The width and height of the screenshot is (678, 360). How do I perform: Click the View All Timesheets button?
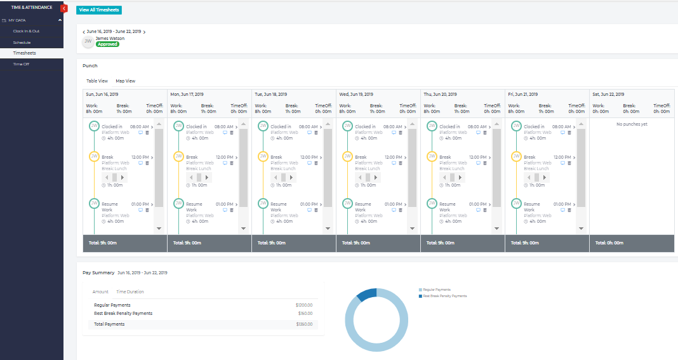click(x=98, y=10)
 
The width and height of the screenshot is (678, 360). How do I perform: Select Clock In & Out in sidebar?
click(x=26, y=31)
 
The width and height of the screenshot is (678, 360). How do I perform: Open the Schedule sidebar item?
click(x=22, y=42)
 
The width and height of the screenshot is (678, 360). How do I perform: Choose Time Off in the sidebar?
click(x=21, y=64)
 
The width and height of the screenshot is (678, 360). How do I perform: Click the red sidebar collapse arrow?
click(x=63, y=8)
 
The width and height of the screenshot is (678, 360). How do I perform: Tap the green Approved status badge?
click(x=107, y=44)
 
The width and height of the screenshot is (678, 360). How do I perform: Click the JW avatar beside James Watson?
click(x=88, y=41)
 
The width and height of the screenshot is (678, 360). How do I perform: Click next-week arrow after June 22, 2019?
click(x=144, y=31)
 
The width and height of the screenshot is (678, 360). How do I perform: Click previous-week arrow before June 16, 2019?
click(x=84, y=31)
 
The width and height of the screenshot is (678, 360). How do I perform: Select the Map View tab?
click(x=125, y=81)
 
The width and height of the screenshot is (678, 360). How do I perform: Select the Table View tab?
click(x=97, y=81)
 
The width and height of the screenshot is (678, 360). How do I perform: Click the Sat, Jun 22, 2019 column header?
click(x=609, y=94)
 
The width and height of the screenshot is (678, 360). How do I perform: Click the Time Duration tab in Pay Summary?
click(x=130, y=292)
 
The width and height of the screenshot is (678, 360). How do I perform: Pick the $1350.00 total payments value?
click(x=303, y=324)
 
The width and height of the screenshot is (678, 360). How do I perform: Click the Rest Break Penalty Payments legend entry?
click(x=444, y=296)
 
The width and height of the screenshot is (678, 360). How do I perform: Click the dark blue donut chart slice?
click(x=367, y=294)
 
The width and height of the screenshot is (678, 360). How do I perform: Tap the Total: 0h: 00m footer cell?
click(x=609, y=243)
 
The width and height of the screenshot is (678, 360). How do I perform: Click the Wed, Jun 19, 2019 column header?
click(x=356, y=94)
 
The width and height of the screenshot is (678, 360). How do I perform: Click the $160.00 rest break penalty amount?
click(x=305, y=313)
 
